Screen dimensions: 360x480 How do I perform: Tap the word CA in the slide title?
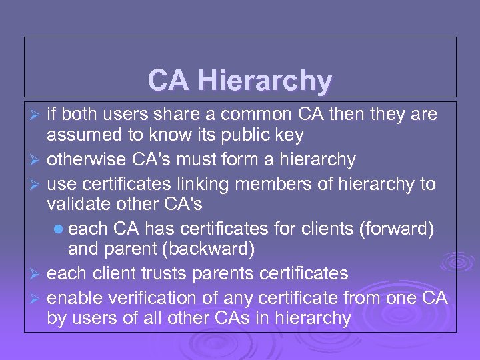[x=168, y=81]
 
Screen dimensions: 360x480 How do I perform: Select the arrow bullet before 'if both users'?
[x=37, y=115]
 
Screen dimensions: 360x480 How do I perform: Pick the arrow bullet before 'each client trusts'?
[x=37, y=274]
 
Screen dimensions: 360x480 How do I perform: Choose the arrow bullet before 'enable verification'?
[x=37, y=298]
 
